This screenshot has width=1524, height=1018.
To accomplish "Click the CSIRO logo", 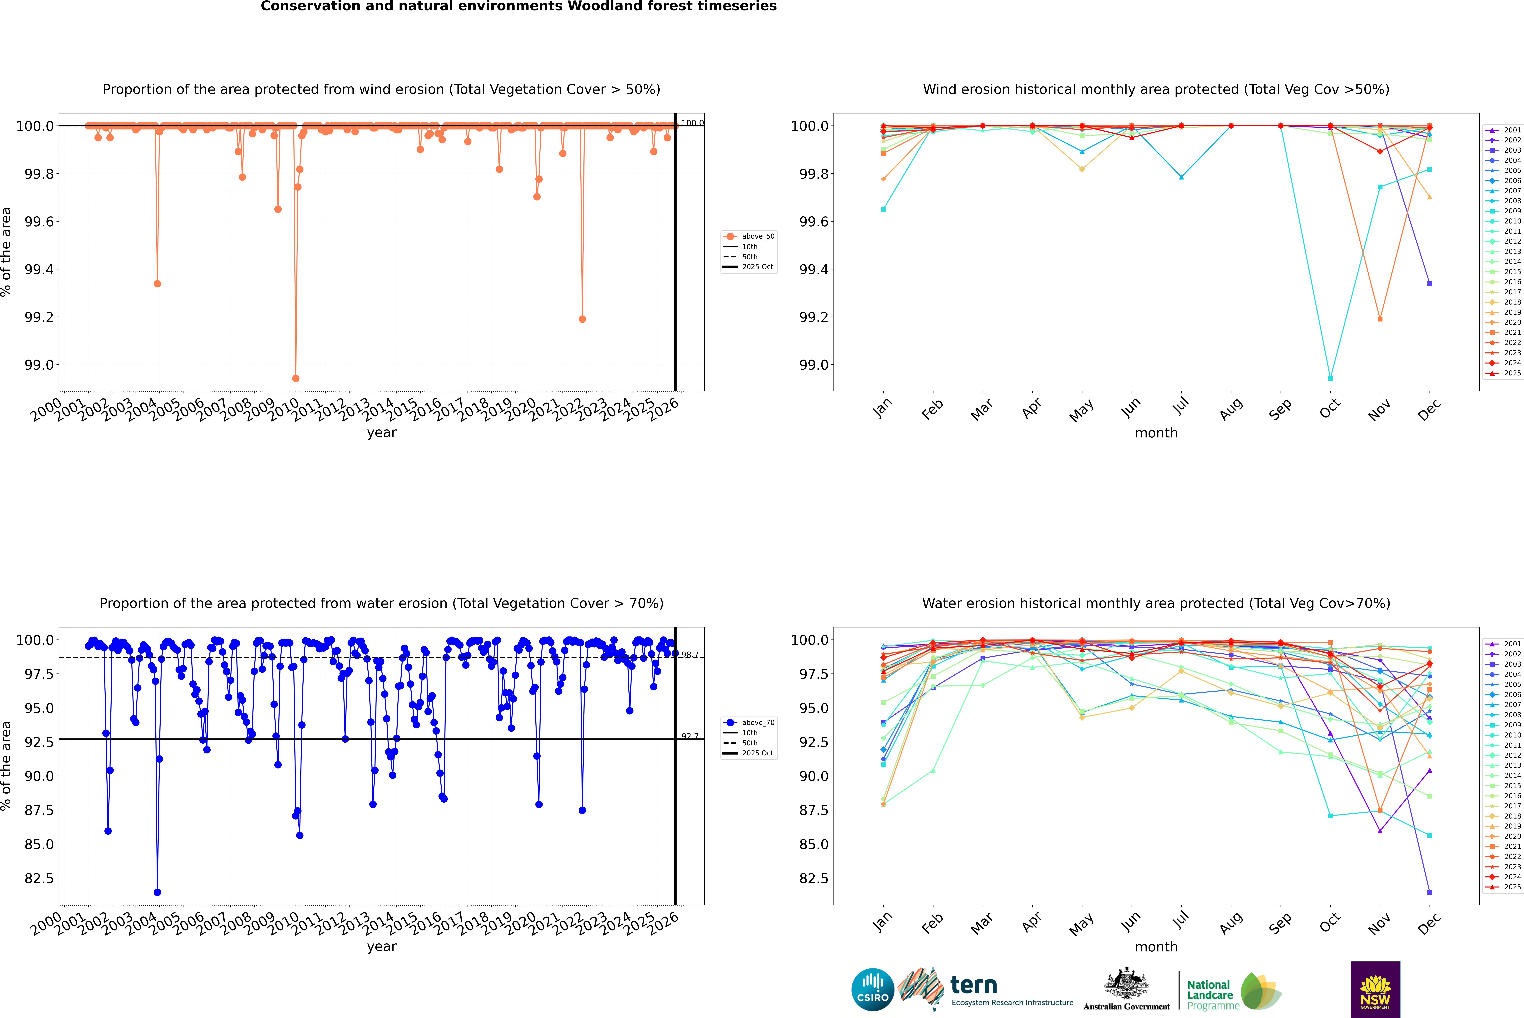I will click(873, 989).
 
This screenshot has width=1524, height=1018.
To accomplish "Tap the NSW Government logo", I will click(1375, 989).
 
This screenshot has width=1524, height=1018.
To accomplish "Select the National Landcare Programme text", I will click(1210, 995).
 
